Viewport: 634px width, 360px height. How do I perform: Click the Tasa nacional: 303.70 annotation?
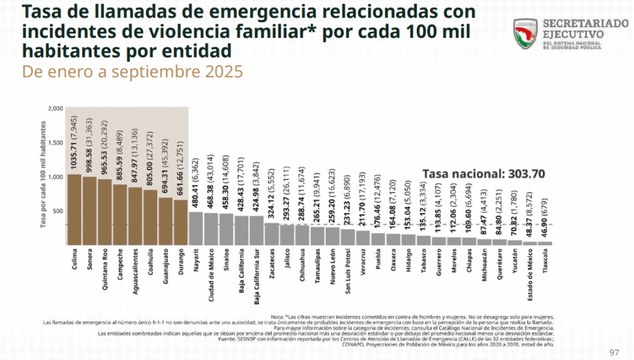483,173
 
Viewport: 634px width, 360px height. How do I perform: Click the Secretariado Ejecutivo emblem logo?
526,33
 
